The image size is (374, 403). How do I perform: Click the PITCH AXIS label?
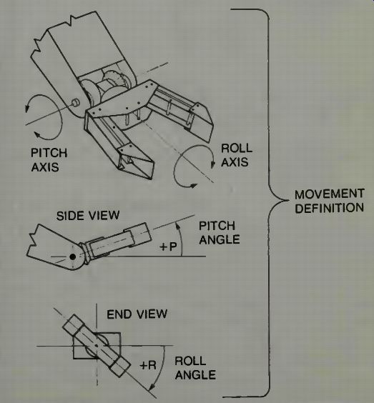click(x=49, y=160)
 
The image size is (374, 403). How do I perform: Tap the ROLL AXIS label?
click(x=237, y=155)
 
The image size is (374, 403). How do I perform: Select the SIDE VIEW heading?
click(x=88, y=216)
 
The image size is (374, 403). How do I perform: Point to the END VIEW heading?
click(x=137, y=314)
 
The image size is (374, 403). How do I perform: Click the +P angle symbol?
click(x=168, y=247)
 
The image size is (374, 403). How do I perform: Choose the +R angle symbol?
click(x=148, y=365)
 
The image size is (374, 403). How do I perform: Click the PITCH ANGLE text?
click(x=219, y=233)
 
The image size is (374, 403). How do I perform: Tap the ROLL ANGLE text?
click(x=195, y=368)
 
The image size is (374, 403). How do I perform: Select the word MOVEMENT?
click(x=329, y=194)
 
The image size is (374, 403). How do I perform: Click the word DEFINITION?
click(x=329, y=208)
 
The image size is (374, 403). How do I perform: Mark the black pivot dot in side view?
click(x=73, y=257)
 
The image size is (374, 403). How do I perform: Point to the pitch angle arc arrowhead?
click(x=177, y=226)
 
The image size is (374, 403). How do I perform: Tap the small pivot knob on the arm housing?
click(x=76, y=103)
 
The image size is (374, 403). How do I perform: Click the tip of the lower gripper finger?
click(x=150, y=178)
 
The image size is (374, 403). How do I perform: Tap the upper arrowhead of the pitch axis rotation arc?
click(x=26, y=109)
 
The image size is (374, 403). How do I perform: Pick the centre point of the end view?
click(x=97, y=346)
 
